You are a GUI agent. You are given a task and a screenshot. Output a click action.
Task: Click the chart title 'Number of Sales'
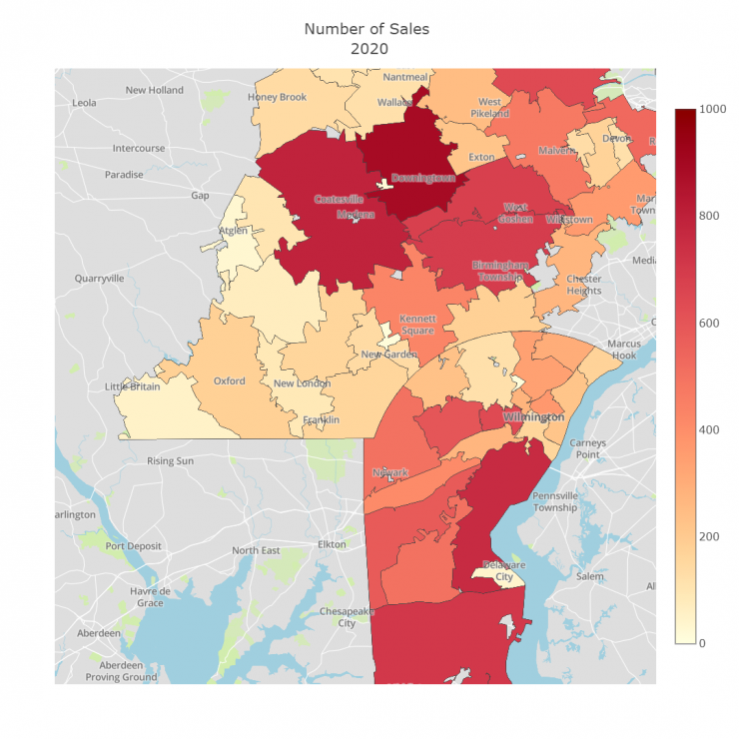(x=369, y=28)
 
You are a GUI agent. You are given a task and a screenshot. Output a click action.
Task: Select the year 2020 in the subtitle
(x=369, y=48)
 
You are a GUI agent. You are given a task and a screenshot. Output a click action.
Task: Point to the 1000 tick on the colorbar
(x=713, y=109)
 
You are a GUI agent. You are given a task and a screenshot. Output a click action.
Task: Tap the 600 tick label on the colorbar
(x=710, y=323)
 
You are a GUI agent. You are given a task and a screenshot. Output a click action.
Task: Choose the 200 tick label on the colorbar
(x=710, y=536)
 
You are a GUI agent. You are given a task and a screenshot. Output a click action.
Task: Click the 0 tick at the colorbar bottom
(x=703, y=642)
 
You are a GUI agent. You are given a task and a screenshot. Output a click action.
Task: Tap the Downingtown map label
(x=422, y=178)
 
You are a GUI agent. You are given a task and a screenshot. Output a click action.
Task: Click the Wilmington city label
(x=533, y=416)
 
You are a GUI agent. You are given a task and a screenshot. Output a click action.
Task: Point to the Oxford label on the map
(x=229, y=380)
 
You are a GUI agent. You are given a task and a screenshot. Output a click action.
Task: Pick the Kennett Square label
(x=416, y=324)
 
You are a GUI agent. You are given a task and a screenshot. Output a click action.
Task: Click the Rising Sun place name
(x=171, y=461)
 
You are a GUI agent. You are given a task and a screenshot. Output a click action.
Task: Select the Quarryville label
(x=98, y=279)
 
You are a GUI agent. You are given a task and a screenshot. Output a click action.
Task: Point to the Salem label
(x=589, y=576)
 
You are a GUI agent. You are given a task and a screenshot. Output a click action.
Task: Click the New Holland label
(x=154, y=90)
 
